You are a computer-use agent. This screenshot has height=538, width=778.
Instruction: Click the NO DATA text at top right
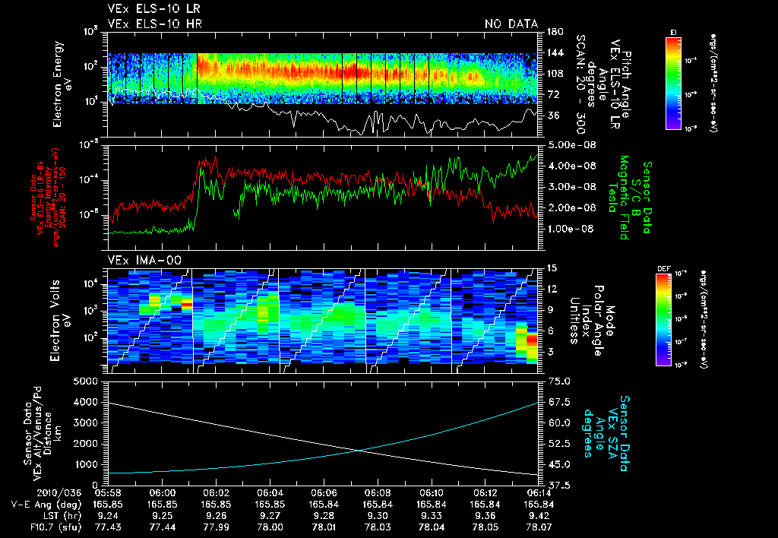click(x=511, y=24)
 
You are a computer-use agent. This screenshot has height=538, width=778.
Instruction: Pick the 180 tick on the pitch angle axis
click(x=554, y=32)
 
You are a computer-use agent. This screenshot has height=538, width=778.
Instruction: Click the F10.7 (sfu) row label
click(x=30, y=527)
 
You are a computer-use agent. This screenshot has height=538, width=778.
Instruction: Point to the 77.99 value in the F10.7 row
click(x=217, y=527)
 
